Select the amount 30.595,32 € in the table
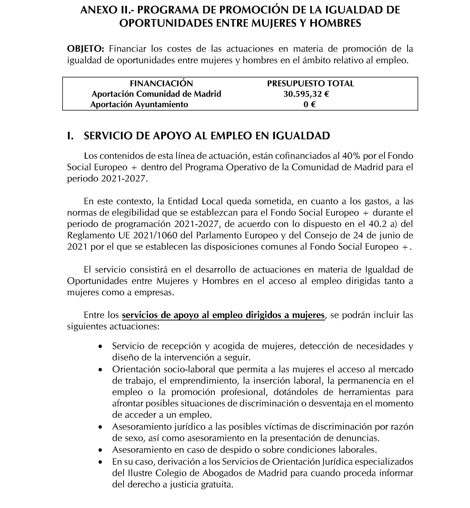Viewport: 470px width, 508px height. (306, 94)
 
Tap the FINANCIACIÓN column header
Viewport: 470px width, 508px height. (162, 83)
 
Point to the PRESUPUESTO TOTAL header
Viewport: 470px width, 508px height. (310, 83)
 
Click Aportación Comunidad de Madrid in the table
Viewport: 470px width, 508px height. (156, 94)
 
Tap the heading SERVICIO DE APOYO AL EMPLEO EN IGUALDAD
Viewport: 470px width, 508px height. (207, 136)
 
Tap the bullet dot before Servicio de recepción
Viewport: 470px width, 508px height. (101, 347)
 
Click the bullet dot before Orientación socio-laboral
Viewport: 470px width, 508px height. (101, 370)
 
